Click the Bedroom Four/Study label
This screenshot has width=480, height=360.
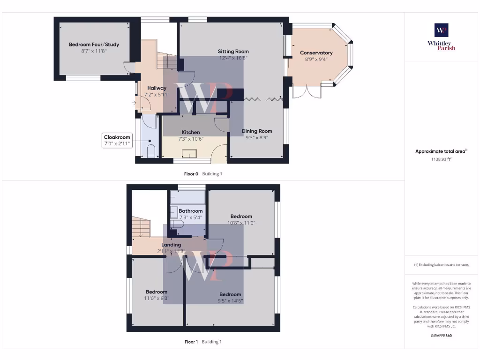point(94,45)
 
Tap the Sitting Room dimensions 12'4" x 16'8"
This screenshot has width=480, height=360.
point(233,58)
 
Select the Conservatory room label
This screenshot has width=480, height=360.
point(316,53)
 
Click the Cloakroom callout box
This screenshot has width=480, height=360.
point(117,141)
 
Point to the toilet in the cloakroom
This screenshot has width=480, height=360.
point(151,151)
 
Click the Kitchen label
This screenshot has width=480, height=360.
point(191,133)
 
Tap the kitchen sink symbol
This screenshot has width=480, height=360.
point(190,154)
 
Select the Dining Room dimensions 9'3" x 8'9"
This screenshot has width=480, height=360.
point(256,138)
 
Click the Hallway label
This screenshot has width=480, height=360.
point(157,88)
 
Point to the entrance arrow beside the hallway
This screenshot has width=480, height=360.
point(135,103)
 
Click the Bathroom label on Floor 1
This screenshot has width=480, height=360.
point(190,211)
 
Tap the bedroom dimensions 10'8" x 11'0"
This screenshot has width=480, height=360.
point(241,223)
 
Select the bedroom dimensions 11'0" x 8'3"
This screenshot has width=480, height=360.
point(156,298)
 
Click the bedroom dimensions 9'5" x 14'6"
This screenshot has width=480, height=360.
point(230,300)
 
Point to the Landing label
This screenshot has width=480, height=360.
point(171,245)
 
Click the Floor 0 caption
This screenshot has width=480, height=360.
point(190,174)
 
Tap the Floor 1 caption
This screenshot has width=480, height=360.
point(190,342)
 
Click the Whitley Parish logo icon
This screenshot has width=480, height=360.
point(441,30)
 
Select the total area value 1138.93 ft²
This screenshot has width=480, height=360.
point(441,159)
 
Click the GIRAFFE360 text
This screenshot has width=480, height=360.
point(441,336)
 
